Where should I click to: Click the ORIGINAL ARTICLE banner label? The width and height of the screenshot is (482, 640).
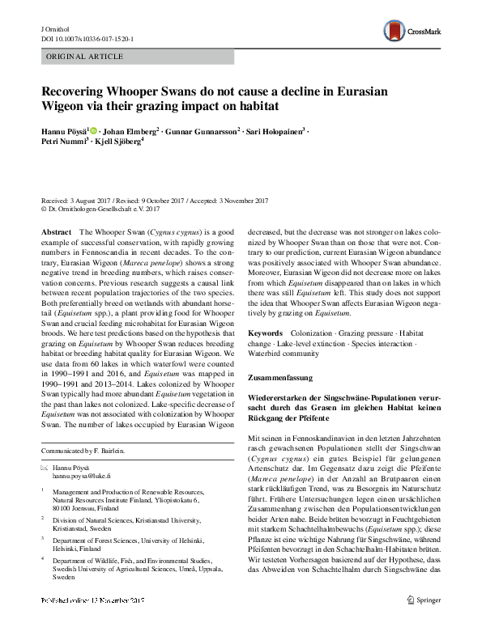click(x=85, y=57)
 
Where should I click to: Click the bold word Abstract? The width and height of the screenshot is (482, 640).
click(x=55, y=231)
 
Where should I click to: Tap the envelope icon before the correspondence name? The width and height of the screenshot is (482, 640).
click(x=45, y=468)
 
